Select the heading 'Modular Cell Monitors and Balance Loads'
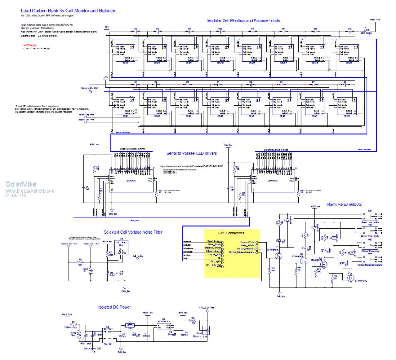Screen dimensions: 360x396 tap(243, 20)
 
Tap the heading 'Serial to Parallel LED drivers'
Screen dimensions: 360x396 tap(191, 153)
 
